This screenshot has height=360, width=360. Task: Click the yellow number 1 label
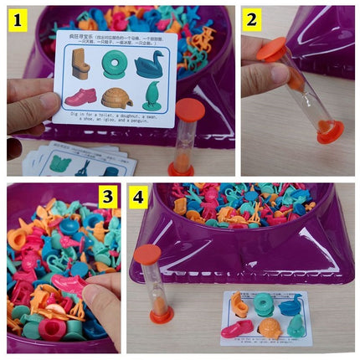tap(15, 19)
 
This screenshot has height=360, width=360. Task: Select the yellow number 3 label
tap(106, 198)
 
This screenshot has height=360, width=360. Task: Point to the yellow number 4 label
tap(138, 198)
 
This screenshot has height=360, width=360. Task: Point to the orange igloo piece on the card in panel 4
tap(266, 327)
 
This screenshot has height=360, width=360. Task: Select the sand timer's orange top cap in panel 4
tap(147, 253)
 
